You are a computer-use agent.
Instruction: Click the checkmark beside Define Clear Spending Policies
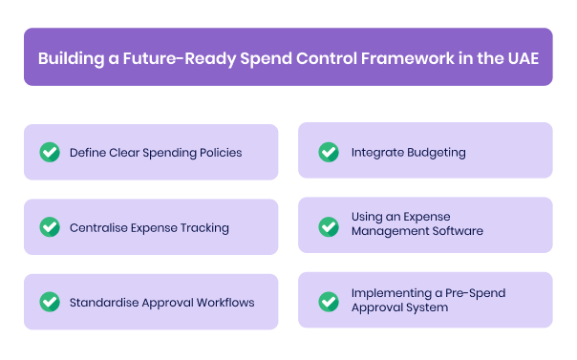[49, 152]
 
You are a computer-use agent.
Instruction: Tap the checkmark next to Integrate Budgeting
[328, 152]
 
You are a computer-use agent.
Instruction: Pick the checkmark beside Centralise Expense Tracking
[49, 227]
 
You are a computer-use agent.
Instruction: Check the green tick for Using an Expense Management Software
[328, 226]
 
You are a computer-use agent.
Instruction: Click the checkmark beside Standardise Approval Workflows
[49, 302]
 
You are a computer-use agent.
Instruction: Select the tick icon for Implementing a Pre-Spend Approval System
[328, 301]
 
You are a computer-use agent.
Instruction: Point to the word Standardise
[106, 303]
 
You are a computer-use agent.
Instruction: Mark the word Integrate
[376, 152]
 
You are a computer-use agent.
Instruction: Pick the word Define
[86, 152]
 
